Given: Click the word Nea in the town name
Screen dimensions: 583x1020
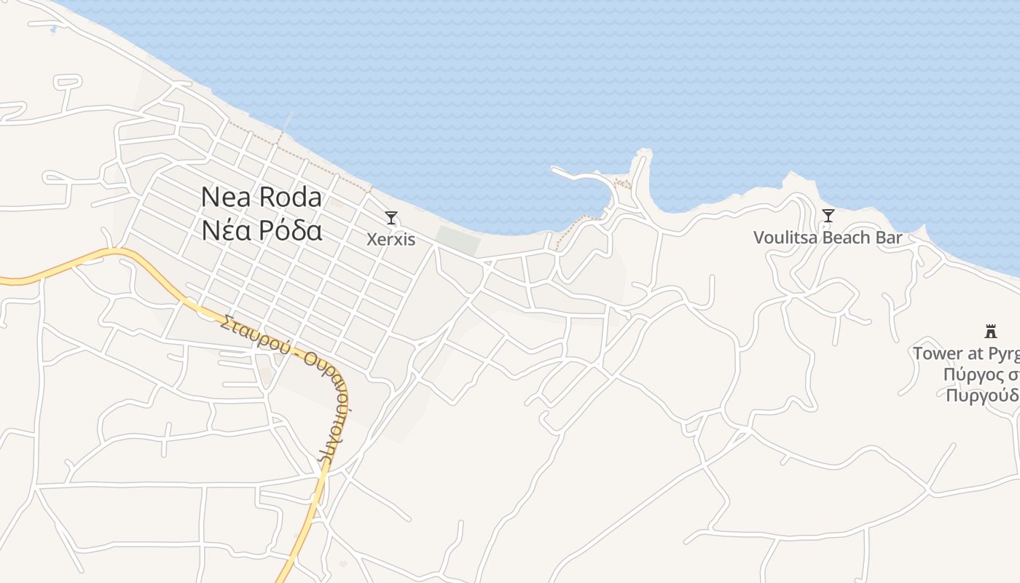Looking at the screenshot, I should tap(224, 197).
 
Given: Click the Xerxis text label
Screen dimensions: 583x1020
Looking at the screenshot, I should tap(391, 239).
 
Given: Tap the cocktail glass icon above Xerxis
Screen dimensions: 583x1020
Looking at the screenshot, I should tap(391, 217).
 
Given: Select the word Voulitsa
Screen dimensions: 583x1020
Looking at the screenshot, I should tap(783, 238).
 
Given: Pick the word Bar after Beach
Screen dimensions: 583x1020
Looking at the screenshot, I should tap(890, 238).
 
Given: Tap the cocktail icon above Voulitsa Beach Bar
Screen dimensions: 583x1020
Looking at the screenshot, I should tap(828, 215).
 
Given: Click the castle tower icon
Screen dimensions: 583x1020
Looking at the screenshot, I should tap(990, 332).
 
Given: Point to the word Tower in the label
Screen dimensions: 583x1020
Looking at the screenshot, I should tap(938, 353).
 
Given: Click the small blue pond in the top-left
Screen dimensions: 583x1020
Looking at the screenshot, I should tap(52, 30).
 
